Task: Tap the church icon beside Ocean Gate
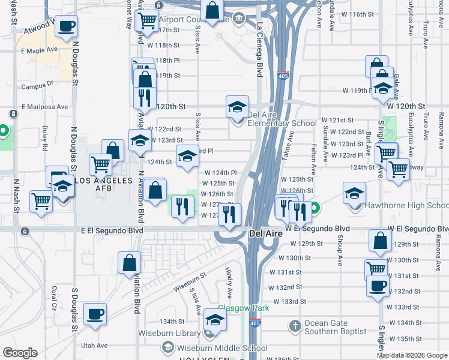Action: click(295, 326)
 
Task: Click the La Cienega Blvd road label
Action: click(259, 50)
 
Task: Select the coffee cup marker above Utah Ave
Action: click(94, 314)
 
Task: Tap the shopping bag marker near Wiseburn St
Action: click(129, 262)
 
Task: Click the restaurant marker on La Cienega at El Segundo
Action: click(229, 215)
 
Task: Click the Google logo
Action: click(20, 353)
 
